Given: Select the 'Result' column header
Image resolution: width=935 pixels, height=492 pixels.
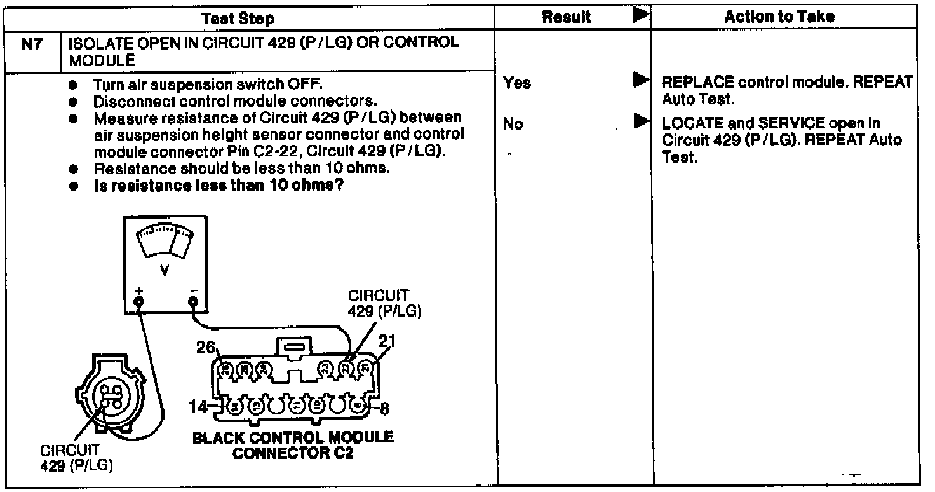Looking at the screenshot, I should pyautogui.click(x=567, y=18).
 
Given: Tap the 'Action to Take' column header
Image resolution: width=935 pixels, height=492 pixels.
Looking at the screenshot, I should pyautogui.click(x=779, y=18).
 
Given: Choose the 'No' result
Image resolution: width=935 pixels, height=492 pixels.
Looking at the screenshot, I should pyautogui.click(x=513, y=124).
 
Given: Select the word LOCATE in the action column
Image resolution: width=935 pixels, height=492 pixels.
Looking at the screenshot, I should pyautogui.click(x=686, y=125).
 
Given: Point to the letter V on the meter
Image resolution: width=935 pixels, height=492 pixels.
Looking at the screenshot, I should pyautogui.click(x=165, y=270).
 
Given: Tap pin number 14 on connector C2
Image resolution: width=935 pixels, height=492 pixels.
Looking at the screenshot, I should pyautogui.click(x=200, y=406).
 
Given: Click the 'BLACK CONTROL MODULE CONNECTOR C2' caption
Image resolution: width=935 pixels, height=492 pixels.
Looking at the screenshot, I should pyautogui.click(x=293, y=445).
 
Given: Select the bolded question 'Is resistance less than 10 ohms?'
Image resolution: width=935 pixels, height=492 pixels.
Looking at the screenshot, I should pyautogui.click(x=219, y=184).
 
